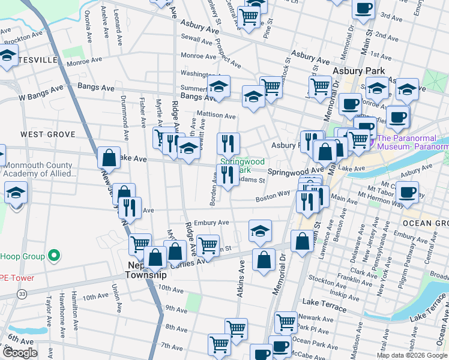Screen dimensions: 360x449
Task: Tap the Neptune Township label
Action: point(144,269)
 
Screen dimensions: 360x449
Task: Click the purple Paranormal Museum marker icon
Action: point(372,142)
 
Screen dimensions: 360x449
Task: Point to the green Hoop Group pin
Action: point(54,256)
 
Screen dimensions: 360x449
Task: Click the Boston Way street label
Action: point(273,196)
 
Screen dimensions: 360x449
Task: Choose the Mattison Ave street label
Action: point(217,115)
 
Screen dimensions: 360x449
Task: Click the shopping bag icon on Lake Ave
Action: point(110,157)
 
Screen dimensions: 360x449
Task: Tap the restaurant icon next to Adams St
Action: point(226,175)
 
